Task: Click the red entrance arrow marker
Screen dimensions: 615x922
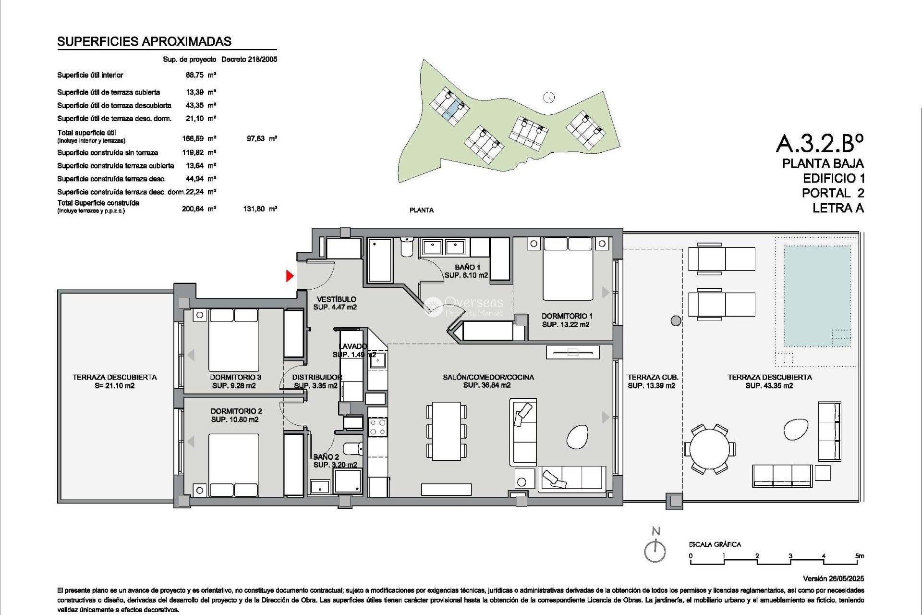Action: tap(290, 276)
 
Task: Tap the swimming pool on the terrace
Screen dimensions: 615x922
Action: tap(816, 295)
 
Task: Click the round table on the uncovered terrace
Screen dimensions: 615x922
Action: tap(710, 449)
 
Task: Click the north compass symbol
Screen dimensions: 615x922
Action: tap(655, 550)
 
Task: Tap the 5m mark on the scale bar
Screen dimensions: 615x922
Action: tap(860, 556)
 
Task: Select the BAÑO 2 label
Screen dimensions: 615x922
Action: tap(327, 457)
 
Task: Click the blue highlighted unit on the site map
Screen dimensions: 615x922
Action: tap(451, 110)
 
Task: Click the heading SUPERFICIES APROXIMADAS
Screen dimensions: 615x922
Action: tap(144, 42)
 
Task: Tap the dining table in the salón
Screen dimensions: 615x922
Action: tap(446, 431)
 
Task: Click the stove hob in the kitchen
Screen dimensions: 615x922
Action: tap(377, 427)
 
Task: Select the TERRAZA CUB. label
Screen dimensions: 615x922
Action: tap(653, 378)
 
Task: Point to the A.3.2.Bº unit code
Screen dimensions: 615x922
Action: tap(819, 143)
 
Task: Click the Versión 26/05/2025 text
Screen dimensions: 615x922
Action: tap(833, 578)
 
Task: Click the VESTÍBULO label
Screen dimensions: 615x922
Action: tap(336, 299)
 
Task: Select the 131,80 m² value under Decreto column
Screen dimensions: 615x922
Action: tap(260, 209)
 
